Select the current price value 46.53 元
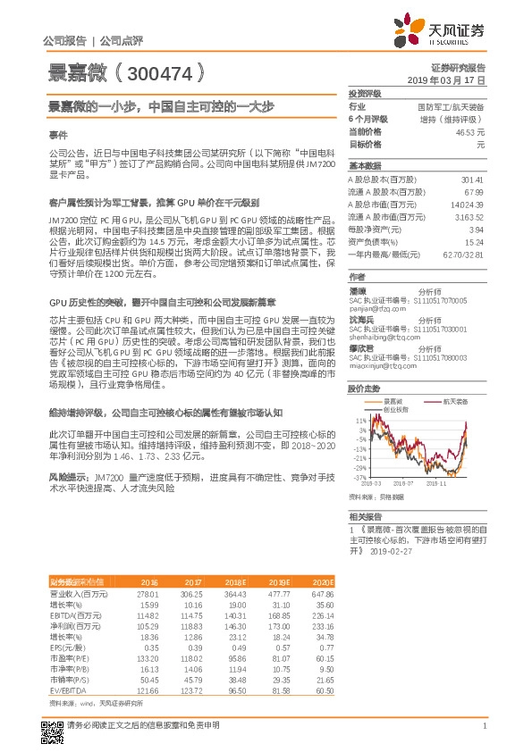(x=468, y=131)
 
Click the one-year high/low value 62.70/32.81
(x=464, y=255)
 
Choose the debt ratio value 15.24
(x=474, y=242)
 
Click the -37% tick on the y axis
(x=359, y=477)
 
